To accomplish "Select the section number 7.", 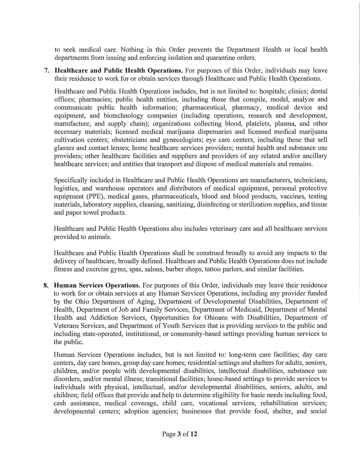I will coord(47,71).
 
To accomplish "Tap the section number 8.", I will coord(46,285).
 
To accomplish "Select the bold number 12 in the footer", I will coord(194,434).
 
